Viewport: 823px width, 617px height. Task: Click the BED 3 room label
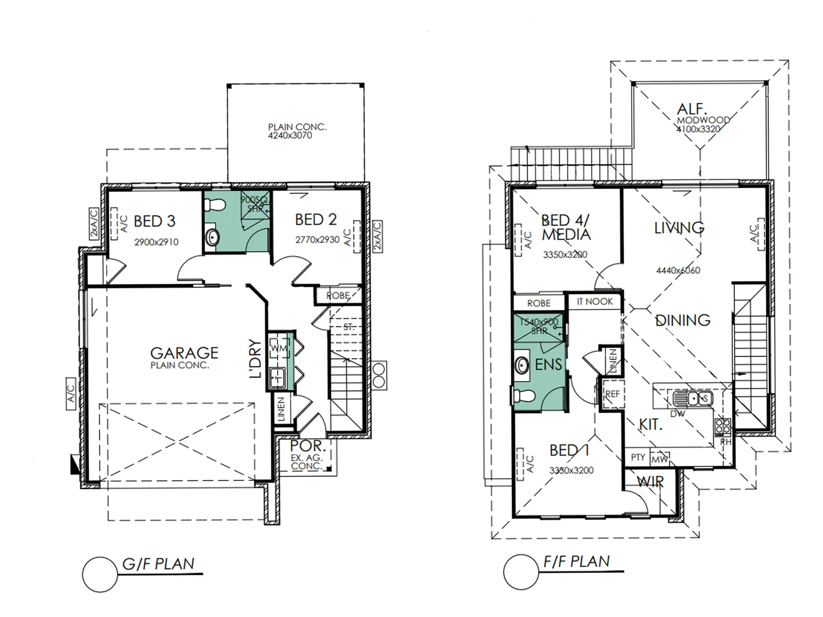click(x=154, y=221)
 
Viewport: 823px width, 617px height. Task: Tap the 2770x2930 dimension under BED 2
click(x=317, y=240)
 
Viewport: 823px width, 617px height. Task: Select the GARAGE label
click(x=184, y=353)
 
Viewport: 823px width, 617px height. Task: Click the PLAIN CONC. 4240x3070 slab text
click(x=297, y=131)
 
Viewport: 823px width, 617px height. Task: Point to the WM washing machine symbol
click(x=279, y=348)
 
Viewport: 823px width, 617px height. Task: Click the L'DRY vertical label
click(x=255, y=359)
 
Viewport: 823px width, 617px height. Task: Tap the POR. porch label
click(x=307, y=446)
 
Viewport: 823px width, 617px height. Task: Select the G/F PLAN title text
click(x=158, y=564)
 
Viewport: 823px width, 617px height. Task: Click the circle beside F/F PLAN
click(x=521, y=572)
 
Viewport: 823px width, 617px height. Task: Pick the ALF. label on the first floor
click(x=692, y=109)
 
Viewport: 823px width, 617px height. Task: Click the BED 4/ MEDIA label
click(x=565, y=227)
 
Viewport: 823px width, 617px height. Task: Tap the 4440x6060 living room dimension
click(x=678, y=270)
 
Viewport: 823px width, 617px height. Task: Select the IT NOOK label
click(x=595, y=301)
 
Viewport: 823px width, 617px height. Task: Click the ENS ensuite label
click(x=548, y=364)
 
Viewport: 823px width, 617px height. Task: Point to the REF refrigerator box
click(x=612, y=394)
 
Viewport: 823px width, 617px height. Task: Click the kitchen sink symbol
click(x=693, y=398)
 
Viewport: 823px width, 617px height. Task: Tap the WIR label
click(x=650, y=482)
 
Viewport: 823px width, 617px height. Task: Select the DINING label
click(x=683, y=320)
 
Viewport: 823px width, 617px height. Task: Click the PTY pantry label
click(x=637, y=458)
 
